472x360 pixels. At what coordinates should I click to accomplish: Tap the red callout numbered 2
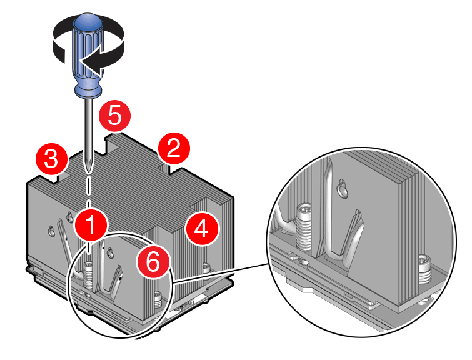[174, 148]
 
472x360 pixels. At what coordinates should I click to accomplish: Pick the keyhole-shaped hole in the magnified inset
[341, 187]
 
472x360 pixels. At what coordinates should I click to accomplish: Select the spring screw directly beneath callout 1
[88, 272]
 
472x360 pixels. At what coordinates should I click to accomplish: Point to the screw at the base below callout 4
[206, 269]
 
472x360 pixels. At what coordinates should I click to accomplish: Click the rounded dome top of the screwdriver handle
[87, 24]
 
